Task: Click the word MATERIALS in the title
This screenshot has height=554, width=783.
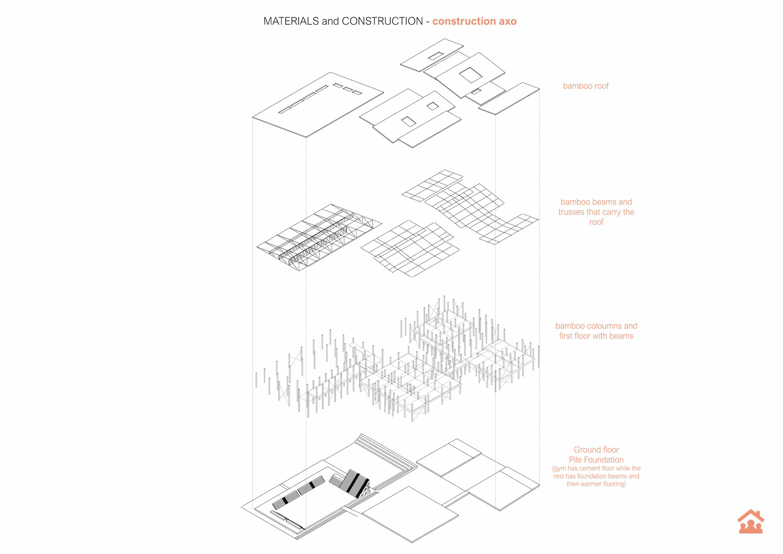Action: [x=291, y=21]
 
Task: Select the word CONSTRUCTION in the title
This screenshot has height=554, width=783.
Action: [x=382, y=21]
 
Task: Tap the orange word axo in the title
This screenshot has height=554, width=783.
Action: [x=507, y=21]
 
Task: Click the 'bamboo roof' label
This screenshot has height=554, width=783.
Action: [x=585, y=86]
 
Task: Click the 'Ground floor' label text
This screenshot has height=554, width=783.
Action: [x=596, y=450]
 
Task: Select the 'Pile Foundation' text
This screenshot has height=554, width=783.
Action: [x=596, y=460]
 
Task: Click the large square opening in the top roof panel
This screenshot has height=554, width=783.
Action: [x=471, y=75]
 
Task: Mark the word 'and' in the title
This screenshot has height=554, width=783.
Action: [x=330, y=21]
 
